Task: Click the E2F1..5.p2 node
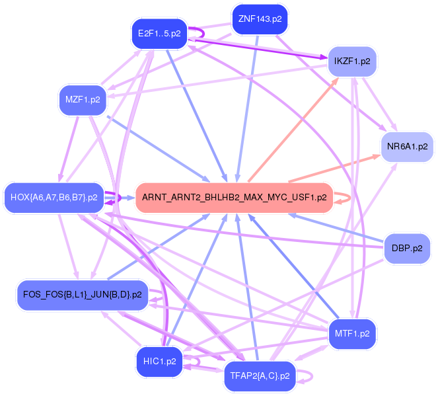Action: coord(159,33)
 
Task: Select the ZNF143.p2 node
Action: coord(260,19)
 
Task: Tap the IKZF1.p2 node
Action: coord(352,61)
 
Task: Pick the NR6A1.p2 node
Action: coord(407,146)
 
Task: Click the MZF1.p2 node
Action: coord(83,100)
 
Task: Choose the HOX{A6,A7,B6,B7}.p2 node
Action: coord(54,197)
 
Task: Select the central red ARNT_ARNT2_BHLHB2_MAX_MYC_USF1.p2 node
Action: coord(234,197)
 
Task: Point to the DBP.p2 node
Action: coord(407,249)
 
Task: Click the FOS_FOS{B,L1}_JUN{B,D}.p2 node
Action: coord(82,294)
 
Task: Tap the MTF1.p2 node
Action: coord(352,333)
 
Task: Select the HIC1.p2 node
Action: coord(159,361)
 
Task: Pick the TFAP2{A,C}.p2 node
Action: coord(260,376)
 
